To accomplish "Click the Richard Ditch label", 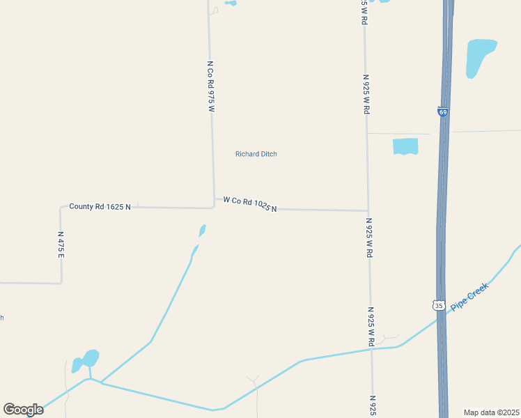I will point(256,154).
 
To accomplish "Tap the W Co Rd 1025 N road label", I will point(250,204).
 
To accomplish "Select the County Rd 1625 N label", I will point(100,207).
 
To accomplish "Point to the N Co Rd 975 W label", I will point(210,86).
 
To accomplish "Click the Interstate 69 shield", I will point(443,111).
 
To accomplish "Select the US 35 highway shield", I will point(438,305).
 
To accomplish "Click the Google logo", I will point(23,410).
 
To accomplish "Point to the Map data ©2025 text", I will point(491,412).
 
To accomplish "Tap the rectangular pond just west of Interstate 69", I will point(405,146).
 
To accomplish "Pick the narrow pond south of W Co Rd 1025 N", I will point(202,230).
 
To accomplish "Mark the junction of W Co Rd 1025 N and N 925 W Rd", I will point(368,210).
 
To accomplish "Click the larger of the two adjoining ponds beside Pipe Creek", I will point(90,358).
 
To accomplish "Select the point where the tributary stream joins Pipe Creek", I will point(102,382).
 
